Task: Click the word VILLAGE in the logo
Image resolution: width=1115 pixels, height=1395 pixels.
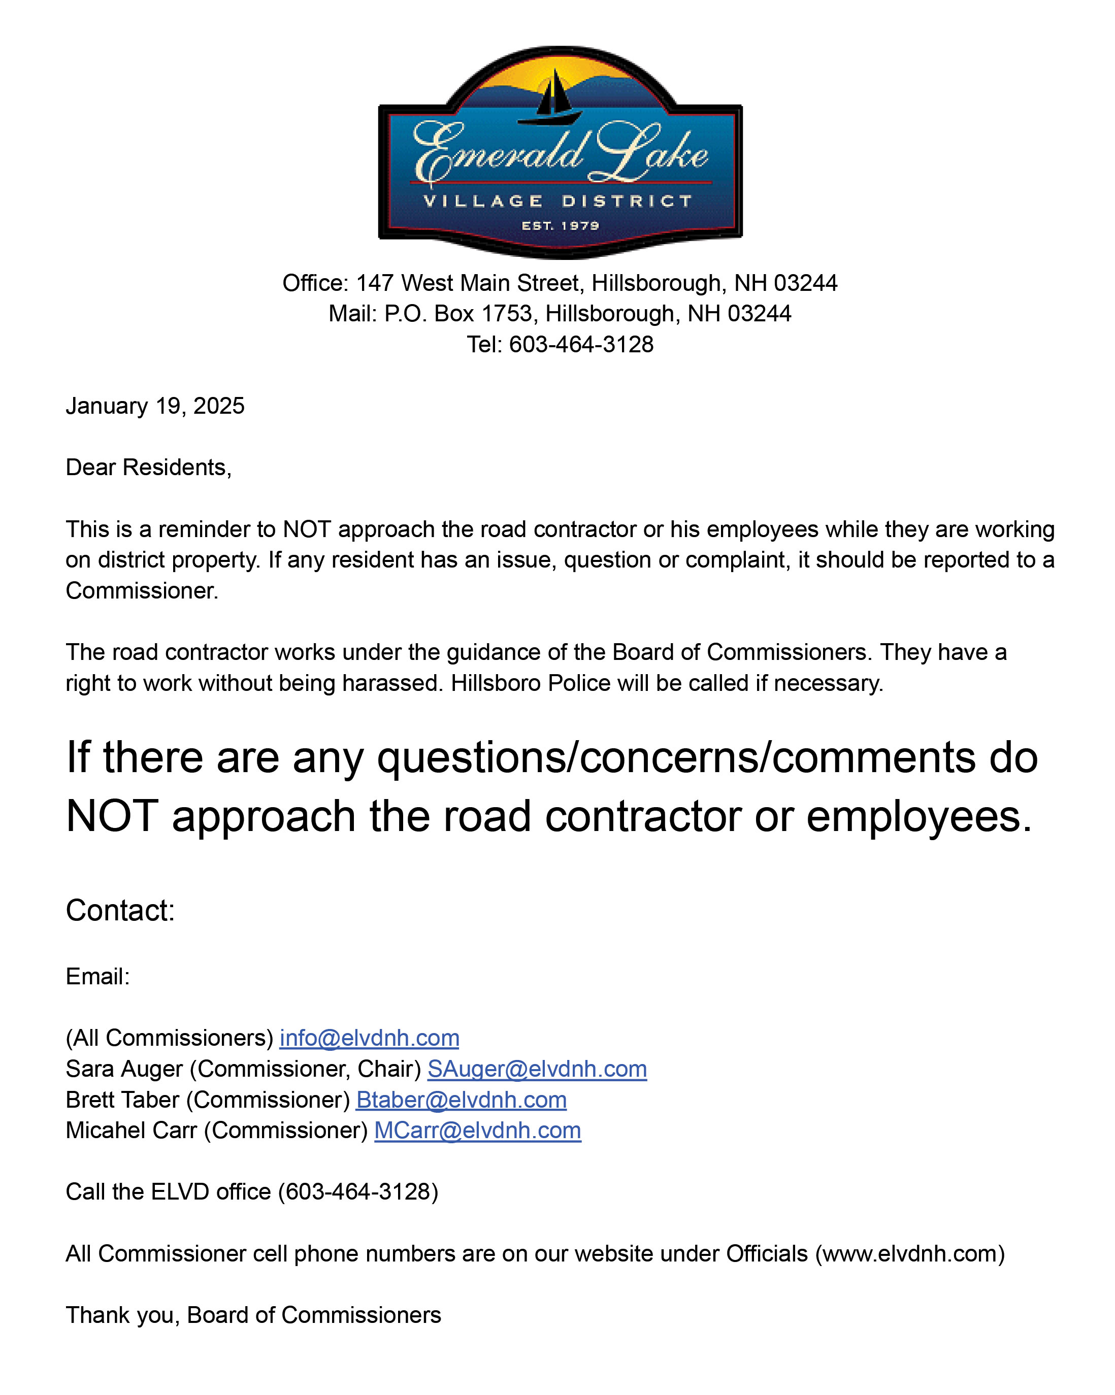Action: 483,201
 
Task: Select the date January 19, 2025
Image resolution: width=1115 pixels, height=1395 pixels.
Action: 155,406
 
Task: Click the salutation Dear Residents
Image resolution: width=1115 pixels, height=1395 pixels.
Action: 148,467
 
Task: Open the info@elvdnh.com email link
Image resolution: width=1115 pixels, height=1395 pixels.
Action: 369,1038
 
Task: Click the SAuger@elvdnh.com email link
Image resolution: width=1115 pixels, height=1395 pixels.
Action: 537,1069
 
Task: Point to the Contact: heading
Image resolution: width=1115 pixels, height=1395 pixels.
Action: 120,910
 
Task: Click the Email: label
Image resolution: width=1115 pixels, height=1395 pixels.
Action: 97,976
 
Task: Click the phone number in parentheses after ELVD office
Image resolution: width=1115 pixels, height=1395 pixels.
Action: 358,1192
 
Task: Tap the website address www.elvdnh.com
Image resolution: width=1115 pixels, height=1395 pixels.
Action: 909,1254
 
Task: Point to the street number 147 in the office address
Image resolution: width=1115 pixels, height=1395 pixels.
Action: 375,283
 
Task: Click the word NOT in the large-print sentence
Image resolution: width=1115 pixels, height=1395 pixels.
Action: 112,816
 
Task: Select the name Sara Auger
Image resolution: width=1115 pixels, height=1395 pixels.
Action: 123,1069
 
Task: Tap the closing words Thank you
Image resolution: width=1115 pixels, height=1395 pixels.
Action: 121,1315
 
